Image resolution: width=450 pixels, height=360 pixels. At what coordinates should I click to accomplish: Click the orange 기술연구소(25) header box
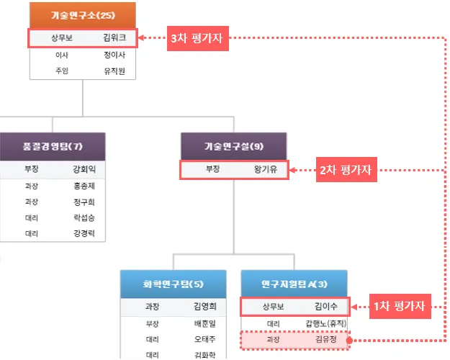click(83, 14)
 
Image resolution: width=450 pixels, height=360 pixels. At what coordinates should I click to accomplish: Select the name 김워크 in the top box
click(114, 37)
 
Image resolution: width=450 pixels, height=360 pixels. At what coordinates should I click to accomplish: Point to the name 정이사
click(114, 55)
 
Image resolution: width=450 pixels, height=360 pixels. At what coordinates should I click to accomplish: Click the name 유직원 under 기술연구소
click(114, 71)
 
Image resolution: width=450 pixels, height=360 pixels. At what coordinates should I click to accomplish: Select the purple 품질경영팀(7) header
click(52, 146)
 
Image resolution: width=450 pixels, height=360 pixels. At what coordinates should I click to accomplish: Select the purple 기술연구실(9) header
click(234, 146)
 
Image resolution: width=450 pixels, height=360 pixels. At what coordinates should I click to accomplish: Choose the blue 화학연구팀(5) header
click(173, 283)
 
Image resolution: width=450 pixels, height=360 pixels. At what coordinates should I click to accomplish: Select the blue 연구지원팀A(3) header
click(294, 283)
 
